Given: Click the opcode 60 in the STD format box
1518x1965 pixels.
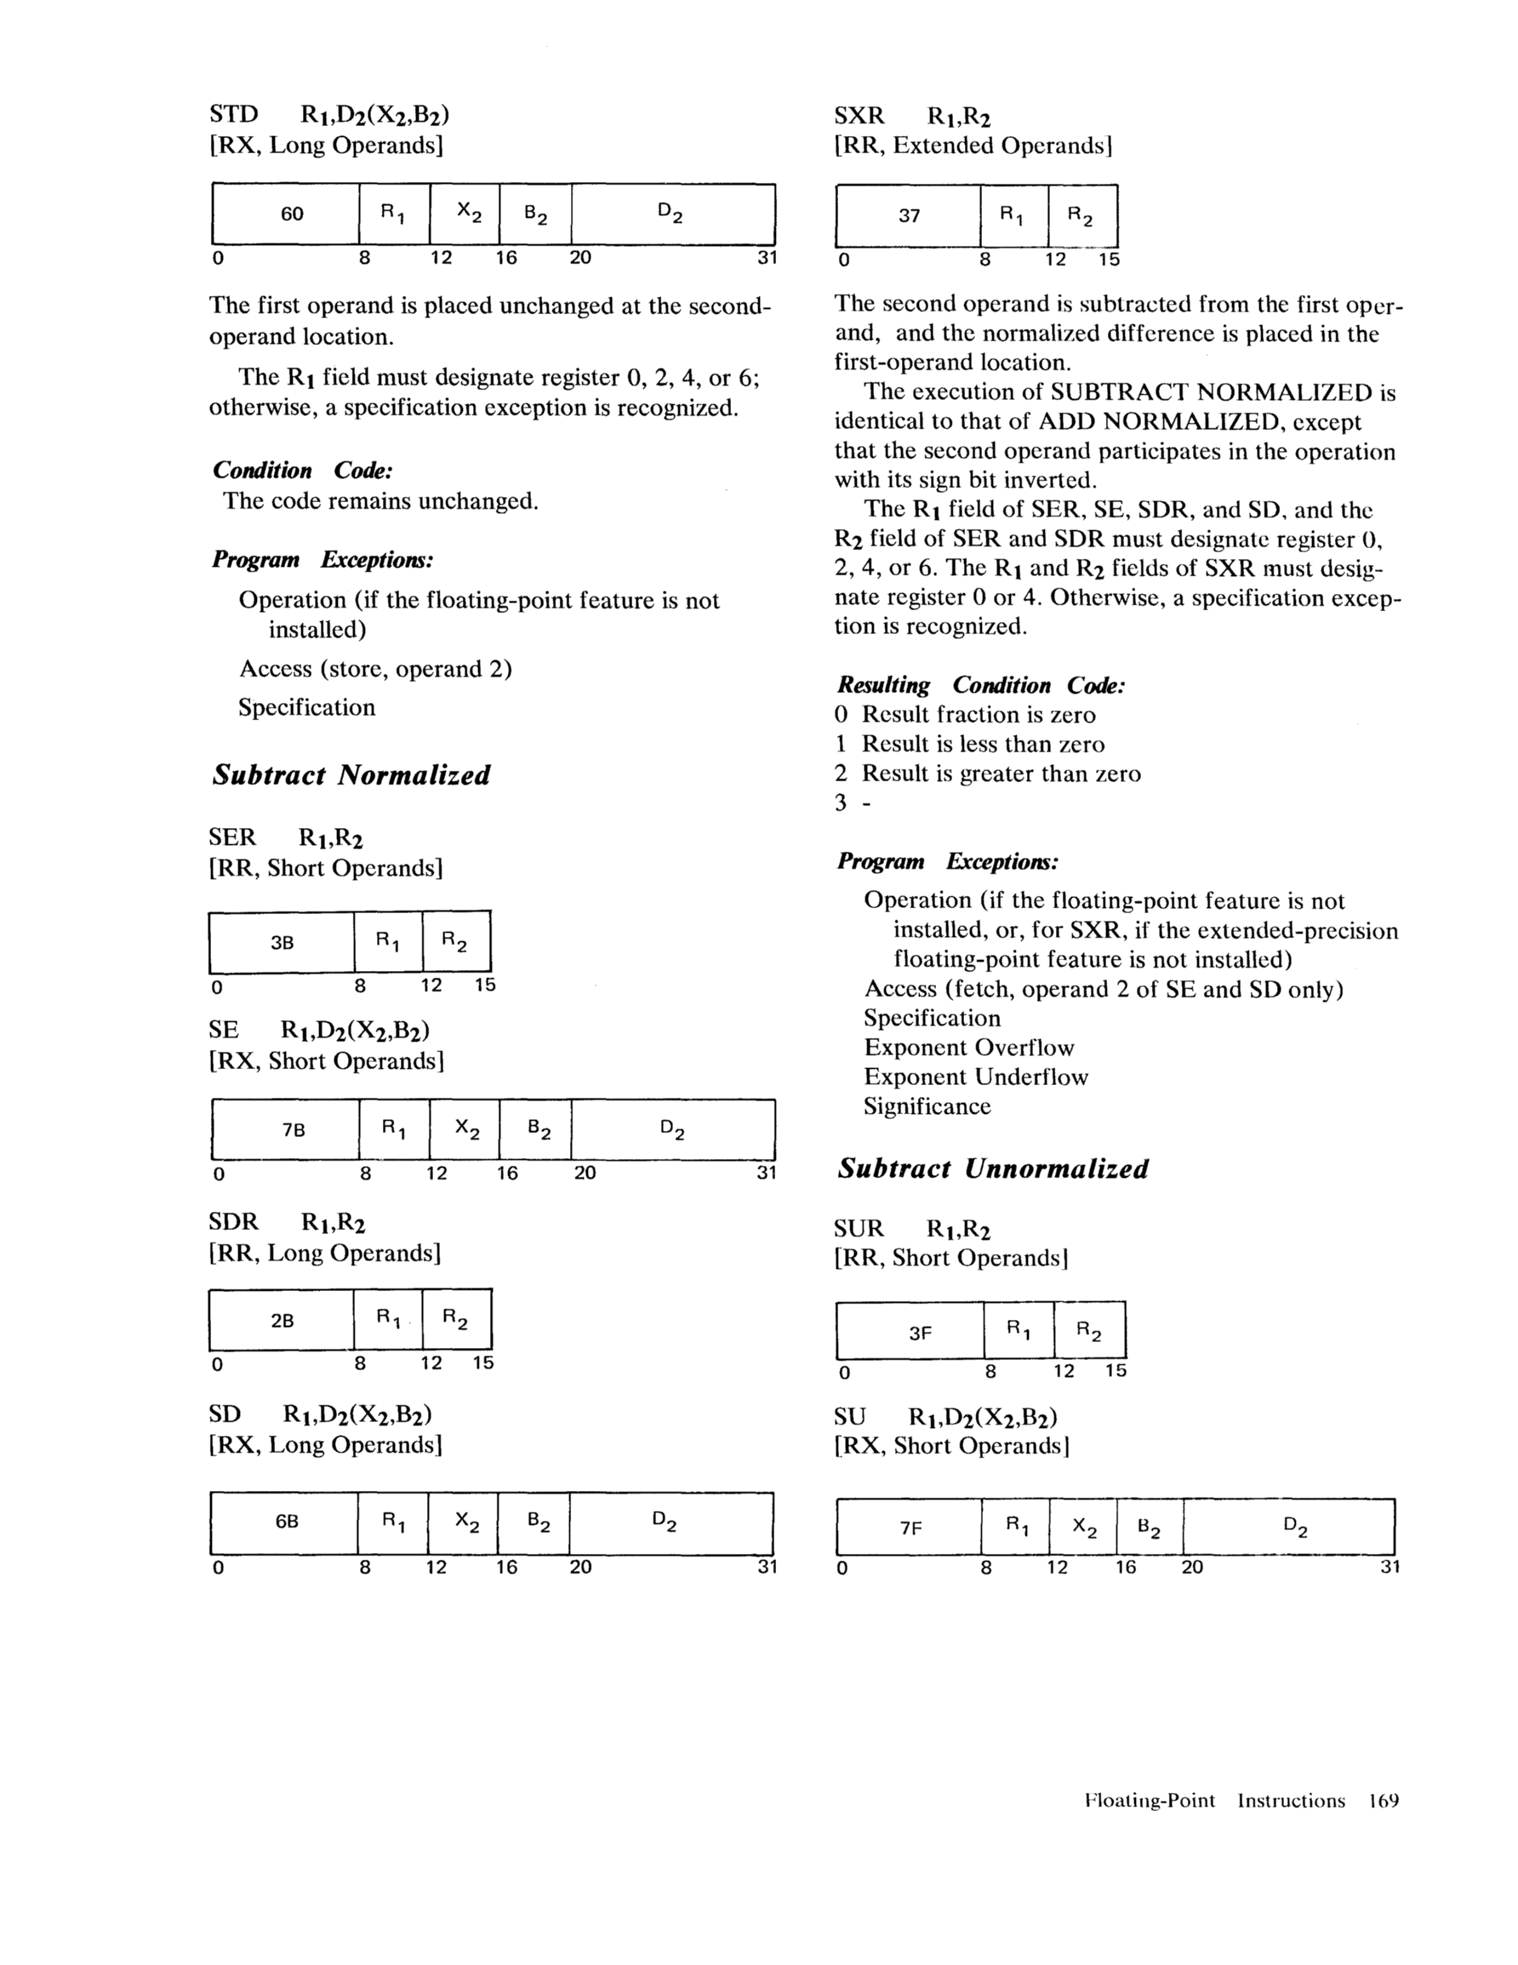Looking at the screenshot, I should click(292, 214).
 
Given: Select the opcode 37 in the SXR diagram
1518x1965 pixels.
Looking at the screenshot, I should click(909, 216).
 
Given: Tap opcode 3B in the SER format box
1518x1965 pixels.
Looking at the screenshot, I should click(282, 943).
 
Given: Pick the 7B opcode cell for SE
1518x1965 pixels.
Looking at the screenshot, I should click(294, 1130).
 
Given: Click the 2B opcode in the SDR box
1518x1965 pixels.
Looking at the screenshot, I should click(282, 1321).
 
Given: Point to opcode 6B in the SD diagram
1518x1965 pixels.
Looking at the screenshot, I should click(286, 1522).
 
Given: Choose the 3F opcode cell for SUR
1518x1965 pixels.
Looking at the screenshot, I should click(920, 1334).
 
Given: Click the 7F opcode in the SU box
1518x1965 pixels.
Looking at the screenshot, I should click(910, 1528).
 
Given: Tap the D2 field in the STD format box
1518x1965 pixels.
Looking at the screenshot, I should click(671, 214).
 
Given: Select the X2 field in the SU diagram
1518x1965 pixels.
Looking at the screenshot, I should click(1084, 1528).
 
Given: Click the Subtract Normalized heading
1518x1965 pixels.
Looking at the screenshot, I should click(351, 774).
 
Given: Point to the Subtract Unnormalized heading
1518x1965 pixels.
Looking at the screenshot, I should click(992, 1168).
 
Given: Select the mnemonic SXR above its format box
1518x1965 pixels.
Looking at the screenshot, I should click(859, 116).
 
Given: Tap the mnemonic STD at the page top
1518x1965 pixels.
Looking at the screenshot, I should click(233, 114).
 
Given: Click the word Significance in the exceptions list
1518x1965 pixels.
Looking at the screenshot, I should click(927, 1105).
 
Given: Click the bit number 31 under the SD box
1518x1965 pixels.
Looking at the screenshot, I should click(766, 1567).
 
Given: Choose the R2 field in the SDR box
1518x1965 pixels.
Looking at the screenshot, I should click(455, 1321).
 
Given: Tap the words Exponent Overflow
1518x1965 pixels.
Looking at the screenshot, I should click(968, 1048).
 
